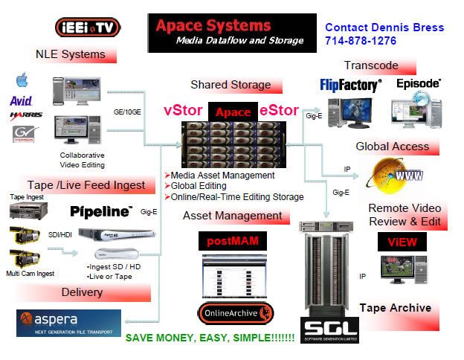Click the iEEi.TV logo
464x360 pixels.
[88, 28]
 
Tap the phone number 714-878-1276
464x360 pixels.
[360, 41]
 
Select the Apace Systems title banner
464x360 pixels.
[226, 33]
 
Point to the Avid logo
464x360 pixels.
[21, 100]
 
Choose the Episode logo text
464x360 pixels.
[418, 84]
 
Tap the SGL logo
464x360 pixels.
[330, 327]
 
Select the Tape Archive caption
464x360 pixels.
[395, 307]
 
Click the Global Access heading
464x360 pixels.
[393, 147]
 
